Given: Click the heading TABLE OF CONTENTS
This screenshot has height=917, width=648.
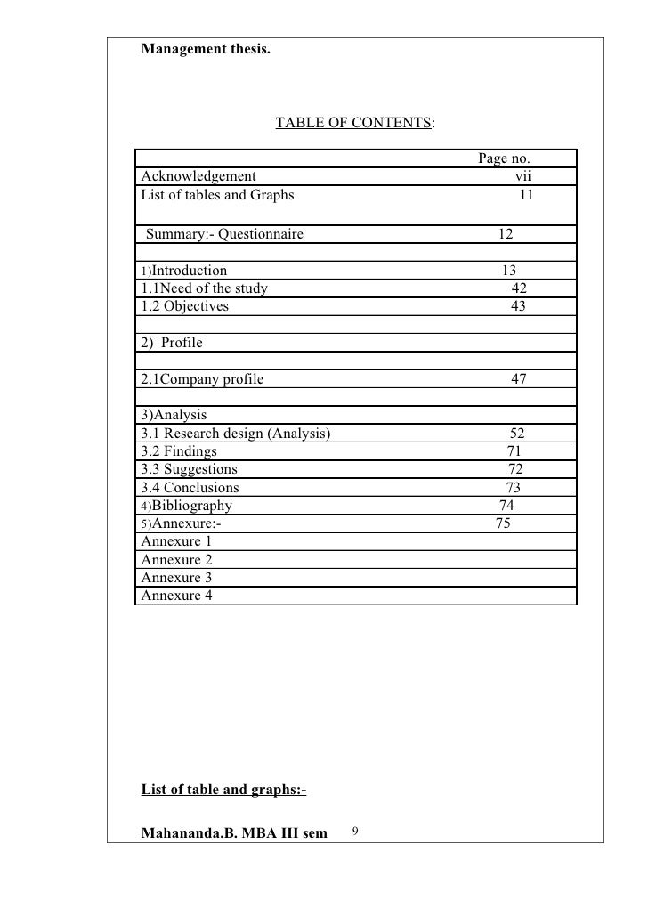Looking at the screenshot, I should [x=354, y=122].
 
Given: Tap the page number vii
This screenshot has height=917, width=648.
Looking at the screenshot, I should [x=523, y=176].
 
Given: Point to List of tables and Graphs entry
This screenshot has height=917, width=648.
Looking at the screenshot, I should [x=217, y=194].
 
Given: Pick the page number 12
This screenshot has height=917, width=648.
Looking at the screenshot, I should [x=506, y=234].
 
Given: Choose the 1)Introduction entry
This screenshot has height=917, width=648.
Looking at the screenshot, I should [x=184, y=270].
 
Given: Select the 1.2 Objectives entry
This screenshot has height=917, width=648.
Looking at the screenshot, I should [x=185, y=305].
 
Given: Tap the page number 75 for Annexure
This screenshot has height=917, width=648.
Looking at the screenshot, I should [x=503, y=523].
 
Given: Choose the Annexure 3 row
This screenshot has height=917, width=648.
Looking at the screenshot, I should [x=177, y=578].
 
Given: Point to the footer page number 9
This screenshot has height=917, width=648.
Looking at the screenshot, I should [x=355, y=832].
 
